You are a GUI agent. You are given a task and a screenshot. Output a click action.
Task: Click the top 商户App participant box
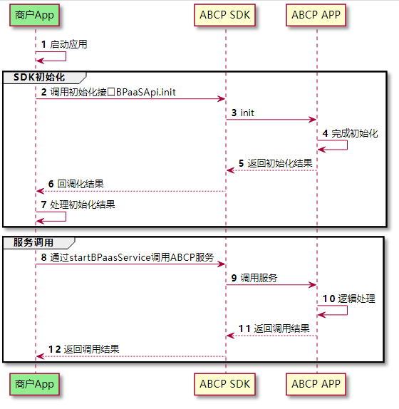(x=35, y=15)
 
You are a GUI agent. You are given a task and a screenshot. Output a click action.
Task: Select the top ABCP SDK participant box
(x=224, y=15)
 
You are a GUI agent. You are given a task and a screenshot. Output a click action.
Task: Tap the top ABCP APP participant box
(x=316, y=15)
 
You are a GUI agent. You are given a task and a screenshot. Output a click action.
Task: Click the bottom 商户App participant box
(x=35, y=384)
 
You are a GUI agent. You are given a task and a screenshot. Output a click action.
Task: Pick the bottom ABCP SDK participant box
(x=224, y=384)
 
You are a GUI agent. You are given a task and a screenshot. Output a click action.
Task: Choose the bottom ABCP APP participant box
(x=316, y=384)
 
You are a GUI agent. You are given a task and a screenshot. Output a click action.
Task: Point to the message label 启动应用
(x=68, y=44)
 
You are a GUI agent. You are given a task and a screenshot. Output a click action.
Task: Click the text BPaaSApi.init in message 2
(x=146, y=92)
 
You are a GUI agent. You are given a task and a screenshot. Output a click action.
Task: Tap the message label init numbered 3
(x=247, y=113)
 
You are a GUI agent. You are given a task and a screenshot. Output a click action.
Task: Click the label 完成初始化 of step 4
(x=355, y=133)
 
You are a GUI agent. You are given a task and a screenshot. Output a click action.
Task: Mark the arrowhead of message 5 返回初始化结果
(x=230, y=170)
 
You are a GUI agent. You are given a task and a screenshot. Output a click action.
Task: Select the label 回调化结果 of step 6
(x=81, y=184)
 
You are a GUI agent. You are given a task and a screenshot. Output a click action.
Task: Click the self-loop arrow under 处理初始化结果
(x=66, y=217)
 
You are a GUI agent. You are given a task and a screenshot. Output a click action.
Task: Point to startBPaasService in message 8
(x=110, y=257)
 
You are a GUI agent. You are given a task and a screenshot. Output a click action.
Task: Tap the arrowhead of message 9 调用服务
(x=313, y=285)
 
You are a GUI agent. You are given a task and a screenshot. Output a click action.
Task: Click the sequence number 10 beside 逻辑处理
(x=329, y=299)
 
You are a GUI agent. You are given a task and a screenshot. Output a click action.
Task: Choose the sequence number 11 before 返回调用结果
(x=244, y=328)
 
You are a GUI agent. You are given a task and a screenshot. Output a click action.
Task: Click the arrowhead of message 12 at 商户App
(x=40, y=356)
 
